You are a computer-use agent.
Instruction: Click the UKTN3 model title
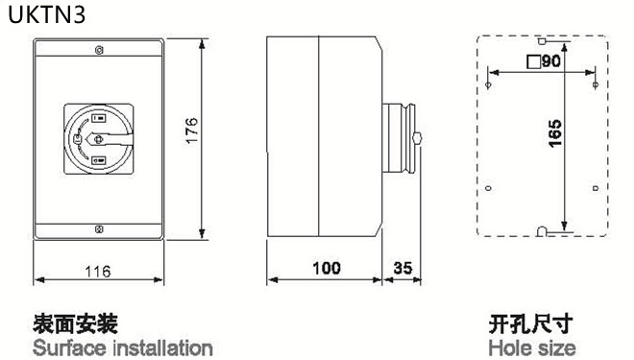(x=47, y=14)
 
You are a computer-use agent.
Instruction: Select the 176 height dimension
(x=191, y=131)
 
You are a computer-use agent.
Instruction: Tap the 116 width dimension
(x=98, y=271)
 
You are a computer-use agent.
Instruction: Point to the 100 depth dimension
(x=327, y=268)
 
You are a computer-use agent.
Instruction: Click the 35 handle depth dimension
(x=402, y=268)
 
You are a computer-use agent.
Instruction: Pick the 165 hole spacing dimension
(x=555, y=133)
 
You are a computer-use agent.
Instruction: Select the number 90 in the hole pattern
(x=551, y=61)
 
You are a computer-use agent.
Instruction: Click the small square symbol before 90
(x=534, y=61)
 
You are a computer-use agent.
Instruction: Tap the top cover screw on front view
(x=99, y=50)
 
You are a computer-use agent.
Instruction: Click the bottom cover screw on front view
(x=99, y=229)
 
